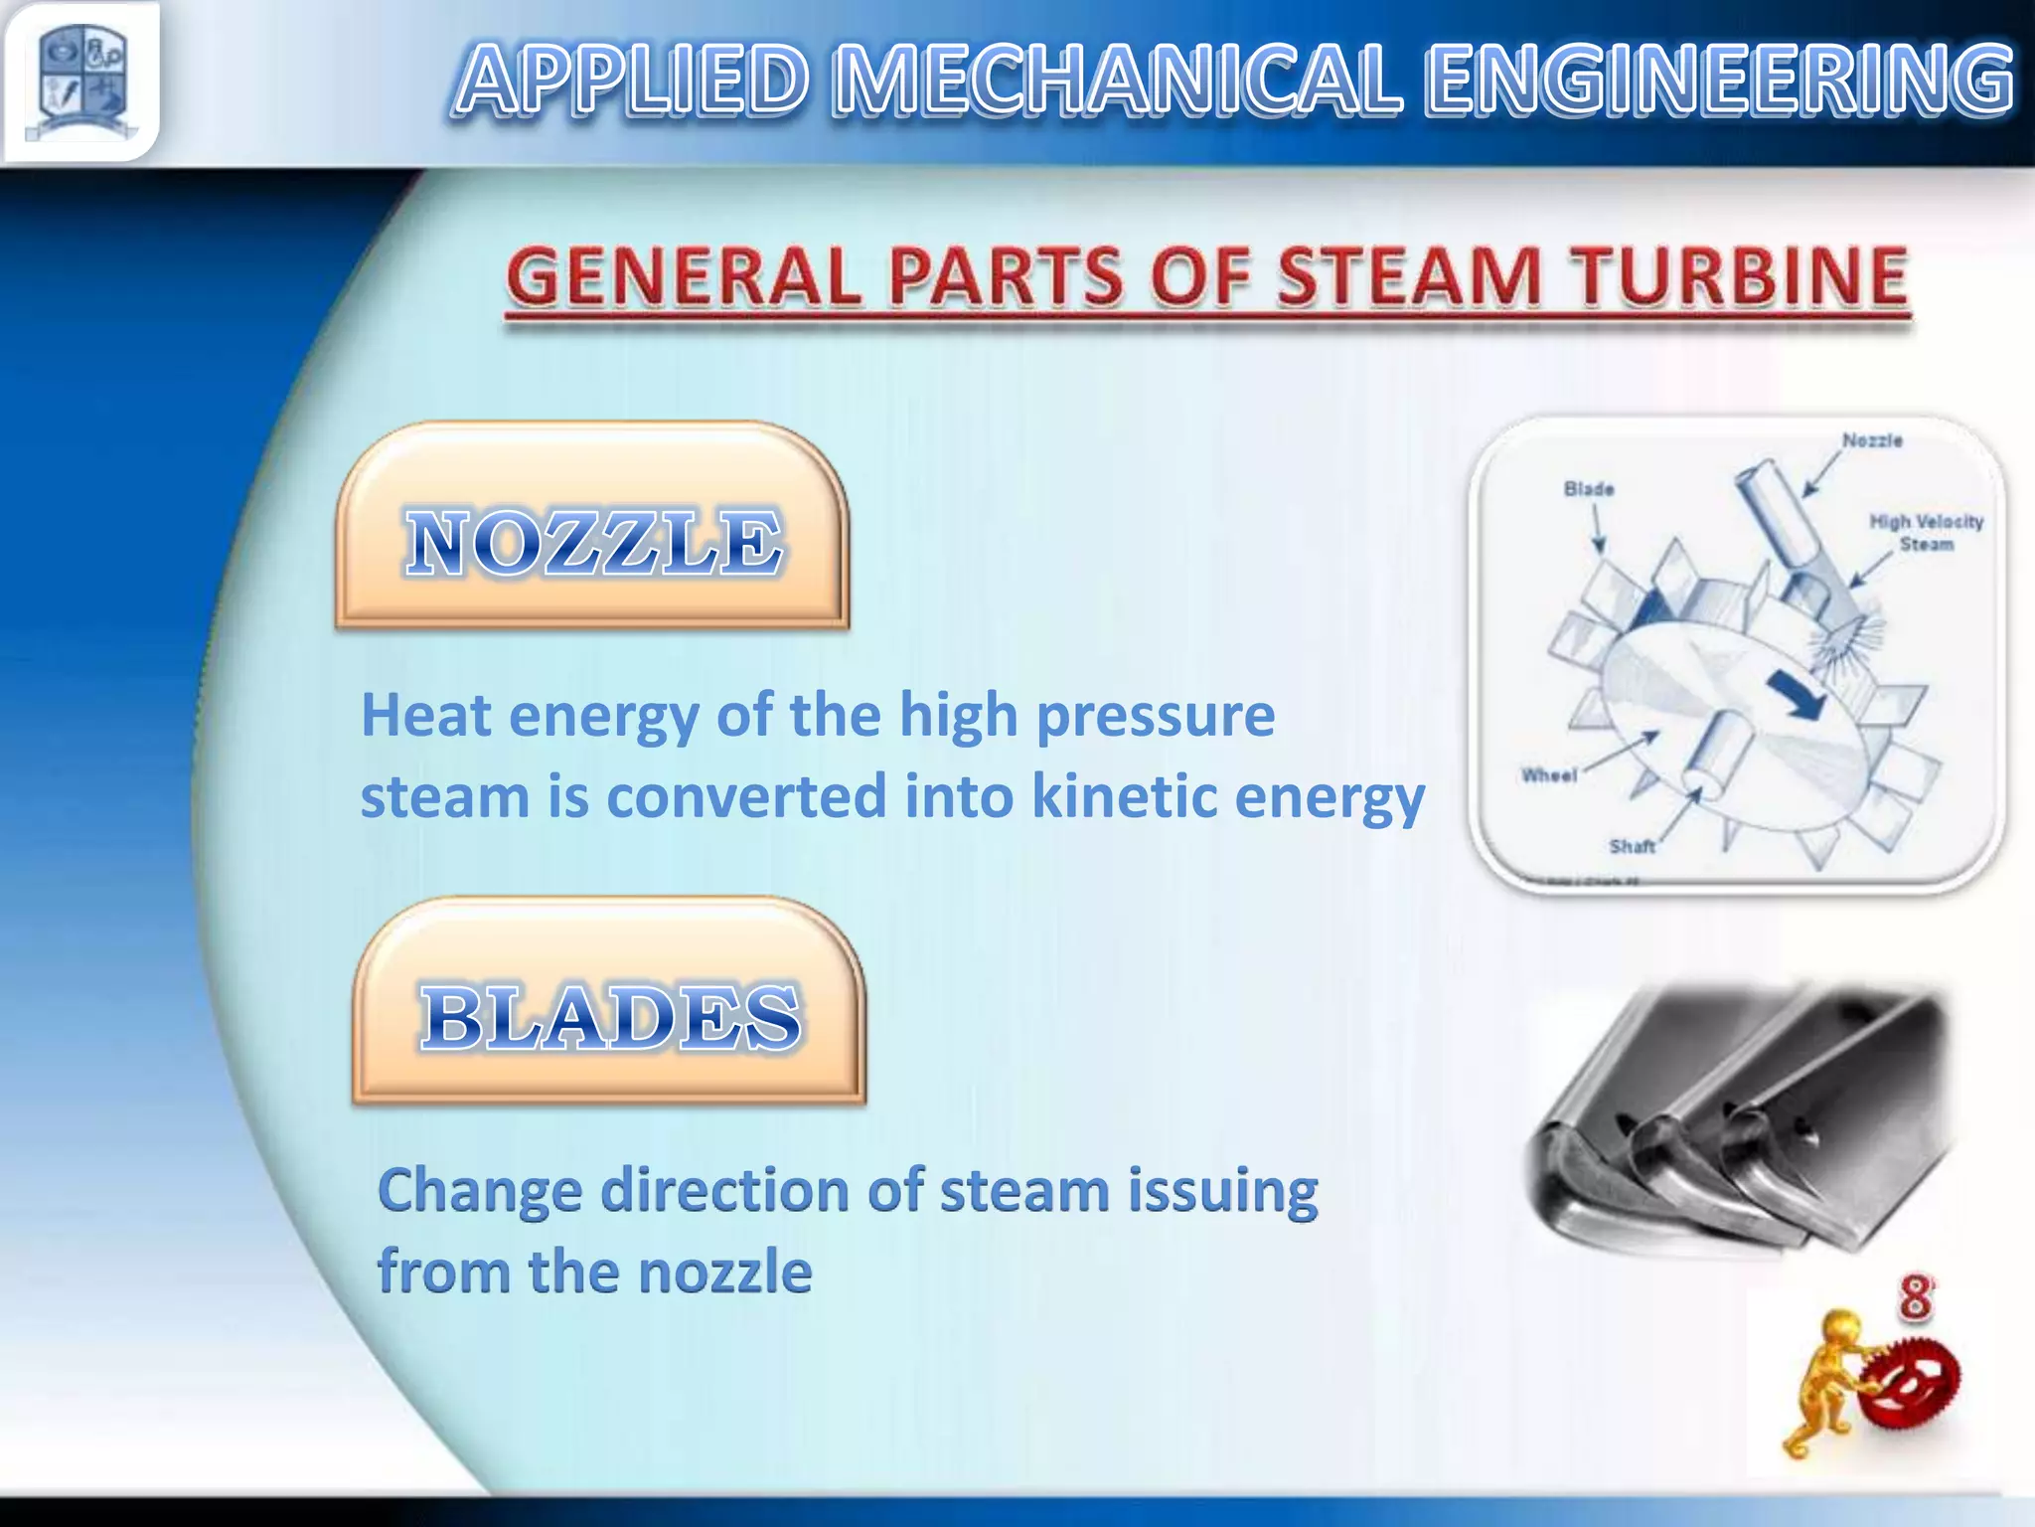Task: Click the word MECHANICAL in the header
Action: click(x=1117, y=80)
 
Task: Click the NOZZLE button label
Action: click(x=594, y=542)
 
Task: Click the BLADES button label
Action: click(x=609, y=1017)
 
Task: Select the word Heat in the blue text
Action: click(x=426, y=715)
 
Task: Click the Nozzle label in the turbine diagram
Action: click(x=1872, y=440)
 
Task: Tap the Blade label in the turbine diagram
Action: click(x=1589, y=489)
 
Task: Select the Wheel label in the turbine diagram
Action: click(x=1549, y=775)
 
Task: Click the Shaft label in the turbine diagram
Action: click(x=1632, y=847)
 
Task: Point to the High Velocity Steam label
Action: click(x=1926, y=533)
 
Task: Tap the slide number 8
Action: click(x=1916, y=1298)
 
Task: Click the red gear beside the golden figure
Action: click(x=1911, y=1383)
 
